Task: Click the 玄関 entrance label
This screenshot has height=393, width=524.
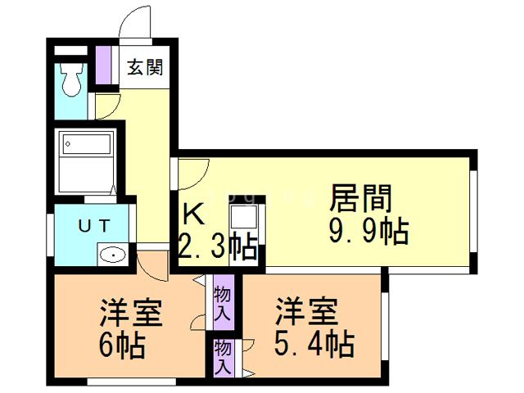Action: pyautogui.click(x=145, y=67)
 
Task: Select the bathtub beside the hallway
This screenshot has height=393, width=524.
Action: pyautogui.click(x=85, y=160)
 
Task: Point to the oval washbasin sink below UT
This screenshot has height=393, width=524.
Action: pyautogui.click(x=112, y=255)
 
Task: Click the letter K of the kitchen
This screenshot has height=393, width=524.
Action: pyautogui.click(x=194, y=215)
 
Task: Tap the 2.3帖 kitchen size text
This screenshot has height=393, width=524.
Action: pyautogui.click(x=217, y=246)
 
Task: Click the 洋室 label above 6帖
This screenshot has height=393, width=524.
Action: pyautogui.click(x=130, y=314)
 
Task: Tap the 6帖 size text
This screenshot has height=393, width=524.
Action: pyautogui.click(x=123, y=346)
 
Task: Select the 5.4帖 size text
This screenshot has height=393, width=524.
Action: pyautogui.click(x=314, y=343)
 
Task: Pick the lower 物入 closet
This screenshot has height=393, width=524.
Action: pyautogui.click(x=223, y=359)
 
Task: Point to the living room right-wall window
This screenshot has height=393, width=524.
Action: pyautogui.click(x=473, y=211)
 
